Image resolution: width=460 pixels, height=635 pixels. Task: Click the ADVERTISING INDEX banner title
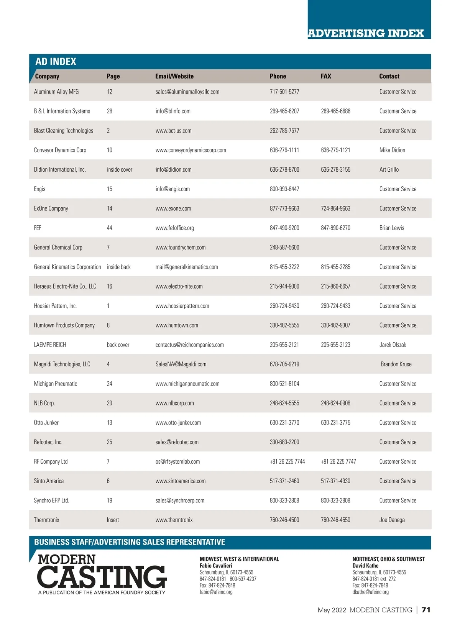(x=366, y=33)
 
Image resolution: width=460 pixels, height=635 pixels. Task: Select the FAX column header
(x=326, y=76)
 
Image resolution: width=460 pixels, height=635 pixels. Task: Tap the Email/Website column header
(x=174, y=76)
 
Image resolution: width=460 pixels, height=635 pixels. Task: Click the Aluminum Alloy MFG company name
(x=56, y=92)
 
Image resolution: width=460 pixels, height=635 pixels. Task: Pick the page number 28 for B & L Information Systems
(x=110, y=111)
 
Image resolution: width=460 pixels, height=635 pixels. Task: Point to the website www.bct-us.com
(x=173, y=131)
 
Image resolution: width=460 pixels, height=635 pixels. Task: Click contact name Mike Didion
(x=392, y=150)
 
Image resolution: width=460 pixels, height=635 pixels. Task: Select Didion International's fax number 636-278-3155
(x=335, y=169)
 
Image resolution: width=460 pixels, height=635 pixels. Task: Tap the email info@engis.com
(x=172, y=189)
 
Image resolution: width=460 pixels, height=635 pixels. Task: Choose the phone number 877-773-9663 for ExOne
(x=284, y=208)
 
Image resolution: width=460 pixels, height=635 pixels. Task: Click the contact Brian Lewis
(x=392, y=228)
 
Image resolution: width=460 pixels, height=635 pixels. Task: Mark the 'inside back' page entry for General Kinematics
(x=119, y=267)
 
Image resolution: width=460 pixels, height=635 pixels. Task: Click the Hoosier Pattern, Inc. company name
(x=55, y=306)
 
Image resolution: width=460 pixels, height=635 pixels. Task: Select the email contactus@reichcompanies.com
(x=190, y=345)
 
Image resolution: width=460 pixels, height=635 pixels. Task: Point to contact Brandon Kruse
(x=396, y=364)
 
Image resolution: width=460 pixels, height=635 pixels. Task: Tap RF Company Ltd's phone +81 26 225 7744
(x=287, y=461)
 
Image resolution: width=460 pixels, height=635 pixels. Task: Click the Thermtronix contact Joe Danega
(x=392, y=520)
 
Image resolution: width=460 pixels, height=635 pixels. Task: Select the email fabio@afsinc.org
(x=216, y=592)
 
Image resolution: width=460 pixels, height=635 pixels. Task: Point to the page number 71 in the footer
(x=426, y=610)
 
